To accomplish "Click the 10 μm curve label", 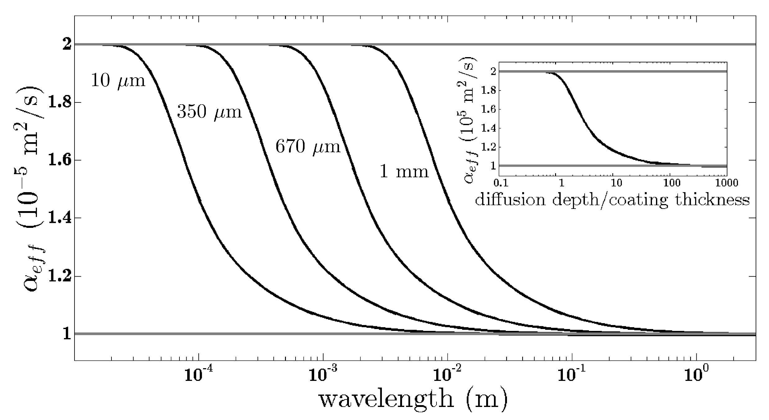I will click(118, 81).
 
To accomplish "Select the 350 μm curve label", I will click(209, 112).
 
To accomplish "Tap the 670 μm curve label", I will click(308, 147).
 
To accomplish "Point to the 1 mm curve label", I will click(404, 171).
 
